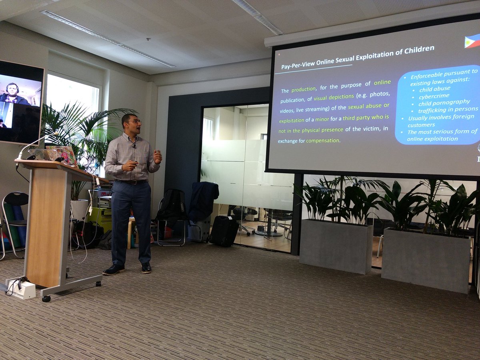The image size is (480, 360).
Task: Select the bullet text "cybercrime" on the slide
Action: (434, 96)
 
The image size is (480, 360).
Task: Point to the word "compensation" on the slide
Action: (323, 141)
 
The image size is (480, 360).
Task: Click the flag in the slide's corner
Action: (472, 41)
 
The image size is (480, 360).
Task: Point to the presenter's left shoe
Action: (146, 267)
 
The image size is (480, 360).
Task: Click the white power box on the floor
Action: (22, 289)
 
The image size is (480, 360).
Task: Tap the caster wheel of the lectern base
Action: (46, 298)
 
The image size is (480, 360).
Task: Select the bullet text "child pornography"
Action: (444, 103)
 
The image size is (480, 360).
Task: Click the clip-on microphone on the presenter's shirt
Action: (134, 146)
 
